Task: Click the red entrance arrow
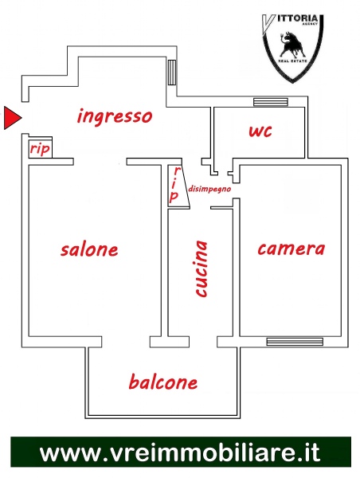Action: [12, 118]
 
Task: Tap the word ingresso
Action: [115, 116]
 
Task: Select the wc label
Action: [260, 131]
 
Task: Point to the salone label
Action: [89, 249]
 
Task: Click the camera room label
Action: [292, 249]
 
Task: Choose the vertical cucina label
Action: [202, 268]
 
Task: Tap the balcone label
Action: [163, 382]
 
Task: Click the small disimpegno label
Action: [209, 189]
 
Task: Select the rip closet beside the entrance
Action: [41, 149]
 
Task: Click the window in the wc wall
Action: [271, 102]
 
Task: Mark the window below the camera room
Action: [295, 342]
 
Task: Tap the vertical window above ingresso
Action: [172, 72]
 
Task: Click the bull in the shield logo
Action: [292, 45]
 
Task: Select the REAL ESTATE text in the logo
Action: [292, 61]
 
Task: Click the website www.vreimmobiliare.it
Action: [180, 452]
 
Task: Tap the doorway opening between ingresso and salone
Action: [100, 162]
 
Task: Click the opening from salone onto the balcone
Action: [126, 342]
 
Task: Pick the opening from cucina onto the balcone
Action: [203, 342]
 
